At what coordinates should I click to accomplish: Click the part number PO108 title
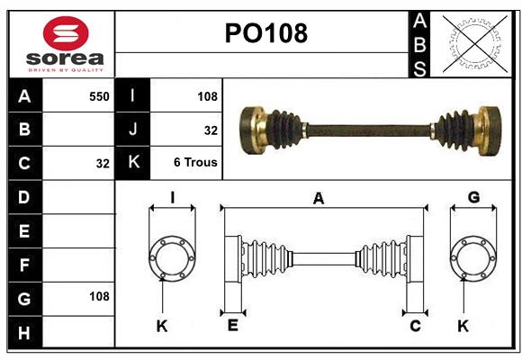265,33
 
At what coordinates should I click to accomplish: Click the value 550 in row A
99,96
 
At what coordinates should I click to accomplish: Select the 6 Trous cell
195,163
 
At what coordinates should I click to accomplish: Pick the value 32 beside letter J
211,130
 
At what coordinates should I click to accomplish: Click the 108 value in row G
99,296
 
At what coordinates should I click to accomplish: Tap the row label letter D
24,197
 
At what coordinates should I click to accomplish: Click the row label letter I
133,96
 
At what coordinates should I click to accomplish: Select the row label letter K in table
133,163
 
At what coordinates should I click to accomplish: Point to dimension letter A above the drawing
319,199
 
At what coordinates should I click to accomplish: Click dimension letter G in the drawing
473,197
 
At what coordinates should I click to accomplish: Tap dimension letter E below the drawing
232,326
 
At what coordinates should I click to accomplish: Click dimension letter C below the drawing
415,326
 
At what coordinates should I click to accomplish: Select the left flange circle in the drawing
172,259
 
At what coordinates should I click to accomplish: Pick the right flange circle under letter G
473,259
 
